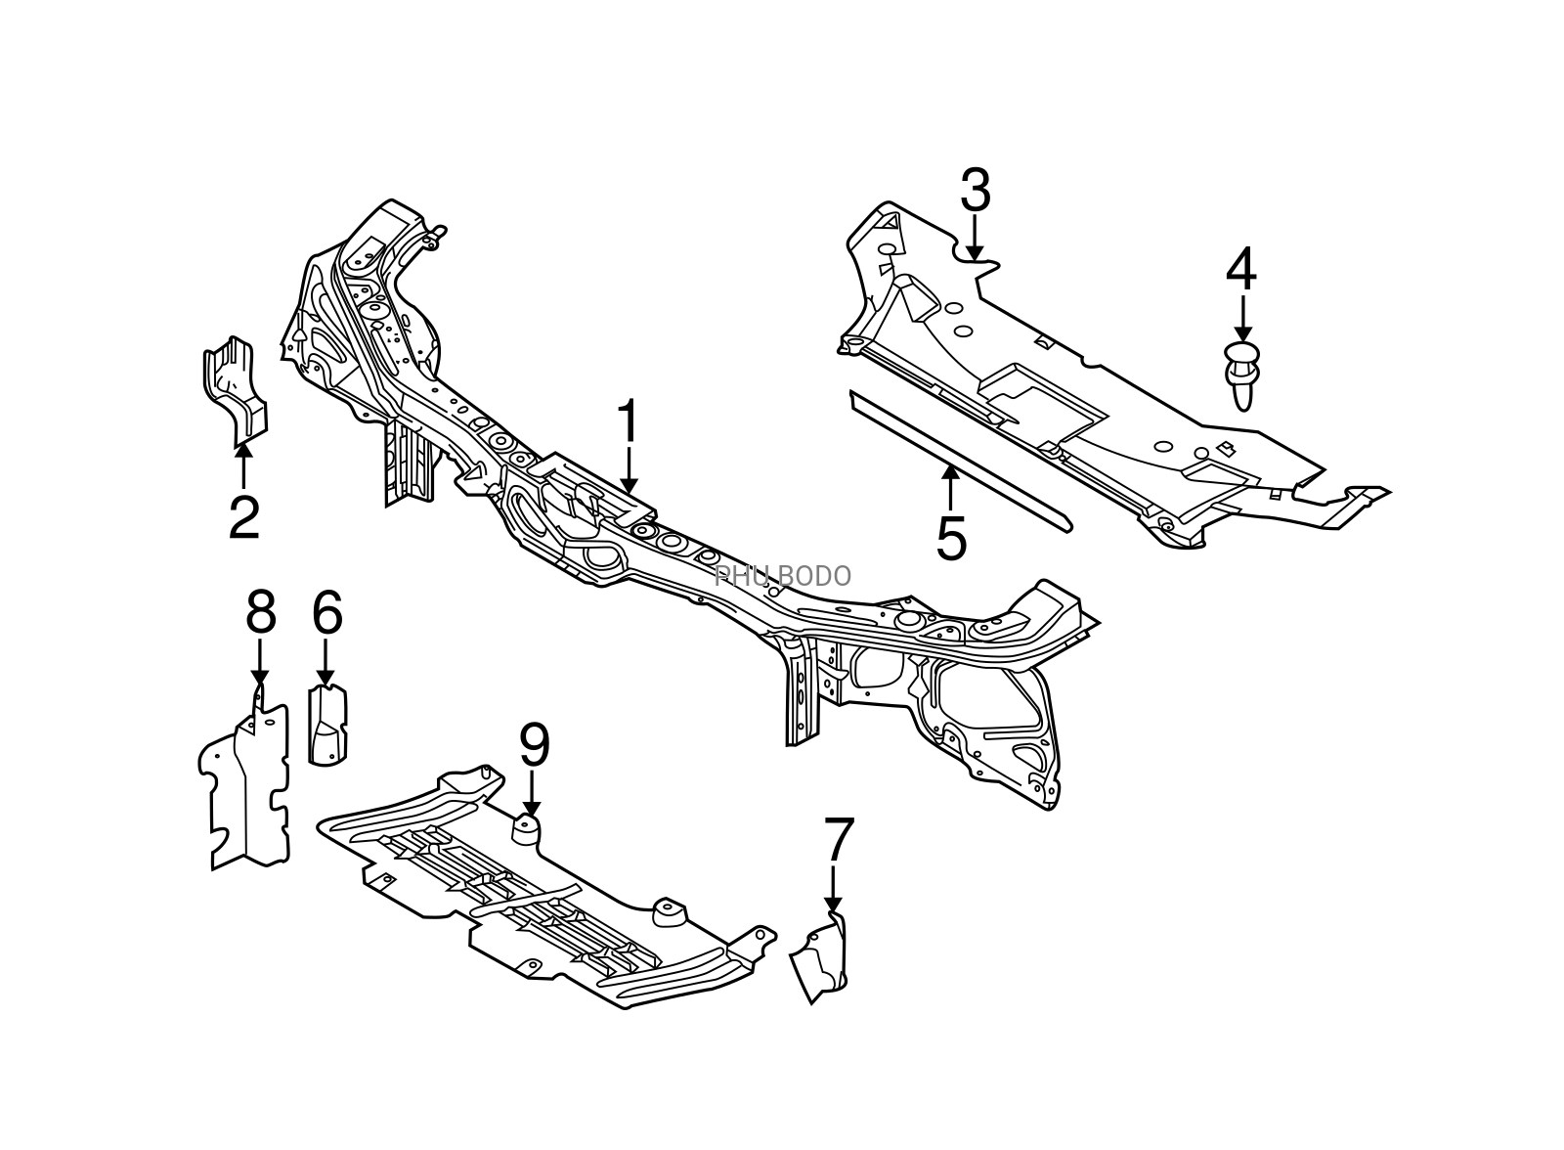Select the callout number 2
tap(244, 517)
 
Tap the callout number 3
tap(976, 190)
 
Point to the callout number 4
tap(1241, 269)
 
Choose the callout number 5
tap(951, 539)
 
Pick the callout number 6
tap(326, 613)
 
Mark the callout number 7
tap(839, 839)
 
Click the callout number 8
tap(260, 613)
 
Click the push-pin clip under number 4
tap(1242, 376)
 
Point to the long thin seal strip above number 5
tap(959, 462)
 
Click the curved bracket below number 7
tap(819, 958)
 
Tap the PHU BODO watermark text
tap(782, 576)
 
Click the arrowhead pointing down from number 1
tap(630, 487)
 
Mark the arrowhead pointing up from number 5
tap(950, 473)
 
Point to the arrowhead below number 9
tap(532, 809)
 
